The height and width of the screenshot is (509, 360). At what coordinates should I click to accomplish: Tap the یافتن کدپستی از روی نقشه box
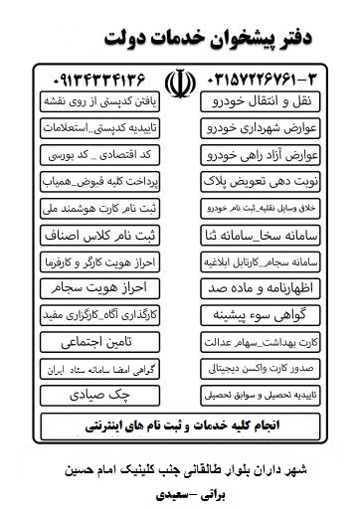tap(99, 102)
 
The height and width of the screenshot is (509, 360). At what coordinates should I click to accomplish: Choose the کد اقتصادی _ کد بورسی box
tap(99, 156)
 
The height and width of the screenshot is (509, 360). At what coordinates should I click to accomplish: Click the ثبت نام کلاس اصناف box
tap(99, 236)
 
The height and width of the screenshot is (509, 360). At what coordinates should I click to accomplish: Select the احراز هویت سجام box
tap(99, 289)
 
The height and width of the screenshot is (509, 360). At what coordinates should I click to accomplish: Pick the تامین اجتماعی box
tap(99, 342)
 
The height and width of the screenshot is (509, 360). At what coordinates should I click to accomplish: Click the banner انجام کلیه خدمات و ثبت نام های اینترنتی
tap(180, 424)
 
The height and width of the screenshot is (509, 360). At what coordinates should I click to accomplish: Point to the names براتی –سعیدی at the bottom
tap(180, 490)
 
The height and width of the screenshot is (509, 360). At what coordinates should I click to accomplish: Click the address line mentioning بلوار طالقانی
tap(180, 466)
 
